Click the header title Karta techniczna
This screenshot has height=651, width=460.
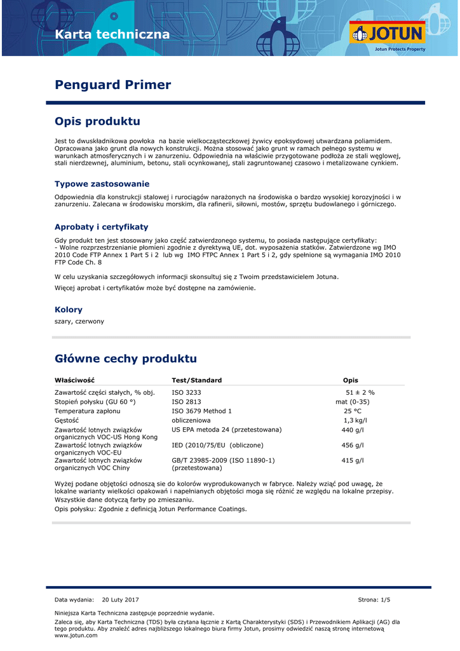(x=112, y=34)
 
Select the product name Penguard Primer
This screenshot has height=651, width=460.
(x=113, y=85)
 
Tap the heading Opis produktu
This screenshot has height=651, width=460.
(x=97, y=121)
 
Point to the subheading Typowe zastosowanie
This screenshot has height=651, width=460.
(x=102, y=184)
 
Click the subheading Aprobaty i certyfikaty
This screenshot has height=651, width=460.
(x=102, y=226)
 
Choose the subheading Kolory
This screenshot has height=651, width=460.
(x=69, y=310)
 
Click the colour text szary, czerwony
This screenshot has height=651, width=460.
(x=79, y=322)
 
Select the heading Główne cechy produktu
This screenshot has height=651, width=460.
(x=126, y=359)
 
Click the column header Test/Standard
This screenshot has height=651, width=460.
(x=197, y=380)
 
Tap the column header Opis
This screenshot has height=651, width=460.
(x=351, y=380)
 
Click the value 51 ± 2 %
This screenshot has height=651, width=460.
(x=360, y=392)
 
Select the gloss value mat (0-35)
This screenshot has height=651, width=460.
(x=353, y=402)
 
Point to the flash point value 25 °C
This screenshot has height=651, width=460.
(x=353, y=411)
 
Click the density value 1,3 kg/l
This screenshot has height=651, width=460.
(x=355, y=420)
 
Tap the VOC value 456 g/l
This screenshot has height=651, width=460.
(x=353, y=445)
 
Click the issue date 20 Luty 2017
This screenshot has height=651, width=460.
(x=120, y=600)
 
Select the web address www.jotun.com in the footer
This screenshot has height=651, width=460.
(x=76, y=636)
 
